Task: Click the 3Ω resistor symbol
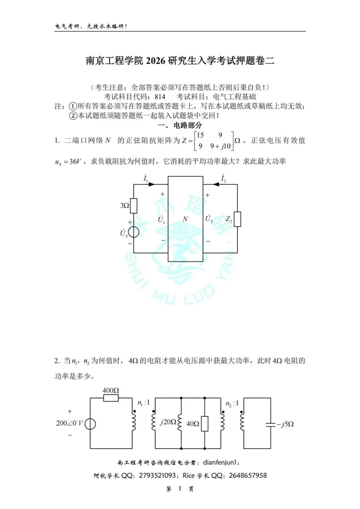pos(134,206)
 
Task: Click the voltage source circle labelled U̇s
pos(134,232)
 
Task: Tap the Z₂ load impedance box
pos(237,219)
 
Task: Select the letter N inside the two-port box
pos(185,219)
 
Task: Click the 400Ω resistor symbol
pos(111,398)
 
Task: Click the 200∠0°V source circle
pos(90,424)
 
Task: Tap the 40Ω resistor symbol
pos(205,424)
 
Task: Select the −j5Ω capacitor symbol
pos(270,424)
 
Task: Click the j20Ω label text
pos(168,422)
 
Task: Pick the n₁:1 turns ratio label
pos(144,403)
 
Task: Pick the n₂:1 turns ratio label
pos(232,404)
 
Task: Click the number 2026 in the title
pos(155,61)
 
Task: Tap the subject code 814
pos(160,97)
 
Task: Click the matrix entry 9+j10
pos(220,146)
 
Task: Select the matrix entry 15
pos(200,135)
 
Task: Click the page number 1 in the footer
pos(180,489)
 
